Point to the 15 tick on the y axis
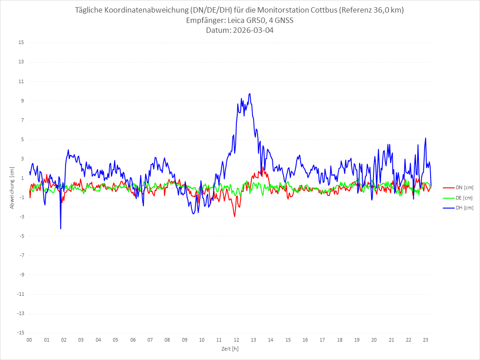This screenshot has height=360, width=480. pos(21,43)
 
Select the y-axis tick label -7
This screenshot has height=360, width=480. pos(21,255)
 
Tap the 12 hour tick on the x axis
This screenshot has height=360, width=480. pos(236,340)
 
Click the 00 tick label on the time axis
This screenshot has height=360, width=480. pos(29,340)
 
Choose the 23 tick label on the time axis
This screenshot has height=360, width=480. pos(426,340)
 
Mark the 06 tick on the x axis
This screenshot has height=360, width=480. pos(133,340)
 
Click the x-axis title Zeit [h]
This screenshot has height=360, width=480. pos(230,348)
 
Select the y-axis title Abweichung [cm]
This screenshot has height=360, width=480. pos(12,187)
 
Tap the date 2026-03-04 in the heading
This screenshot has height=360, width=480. pos(252,31)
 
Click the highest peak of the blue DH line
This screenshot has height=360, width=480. pos(249,93)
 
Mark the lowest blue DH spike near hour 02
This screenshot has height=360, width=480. pos(61,229)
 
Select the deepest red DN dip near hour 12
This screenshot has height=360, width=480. pos(235,217)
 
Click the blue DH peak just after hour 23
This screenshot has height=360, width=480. pos(425,138)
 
